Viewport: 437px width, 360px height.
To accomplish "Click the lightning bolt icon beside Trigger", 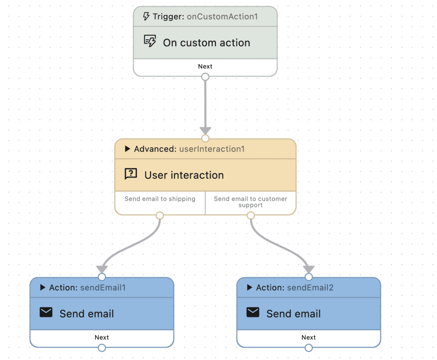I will click(146, 17).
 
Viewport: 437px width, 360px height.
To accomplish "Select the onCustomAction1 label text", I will click(222, 17).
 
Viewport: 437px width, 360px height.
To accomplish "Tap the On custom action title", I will click(207, 43).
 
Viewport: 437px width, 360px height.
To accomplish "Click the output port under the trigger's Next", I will click(205, 77).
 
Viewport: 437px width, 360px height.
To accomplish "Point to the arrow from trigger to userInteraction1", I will click(205, 107).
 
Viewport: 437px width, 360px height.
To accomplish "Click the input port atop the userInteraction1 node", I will click(205, 138).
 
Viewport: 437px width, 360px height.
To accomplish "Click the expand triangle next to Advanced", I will click(127, 149).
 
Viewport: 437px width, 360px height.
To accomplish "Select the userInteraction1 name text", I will click(212, 149).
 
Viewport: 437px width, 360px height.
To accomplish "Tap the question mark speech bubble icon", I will click(131, 174).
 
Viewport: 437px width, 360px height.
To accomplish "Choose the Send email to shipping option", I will click(160, 199).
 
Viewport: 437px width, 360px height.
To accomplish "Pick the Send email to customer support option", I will click(251, 202).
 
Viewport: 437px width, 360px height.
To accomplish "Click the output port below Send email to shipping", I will click(160, 215).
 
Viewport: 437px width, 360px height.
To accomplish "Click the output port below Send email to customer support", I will click(251, 215).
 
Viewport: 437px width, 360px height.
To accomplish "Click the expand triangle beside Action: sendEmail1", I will click(43, 288).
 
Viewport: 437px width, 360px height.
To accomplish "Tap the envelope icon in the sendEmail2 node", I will click(253, 313).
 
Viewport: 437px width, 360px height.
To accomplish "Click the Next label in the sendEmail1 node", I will click(102, 337).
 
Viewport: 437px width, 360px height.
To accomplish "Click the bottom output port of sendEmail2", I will click(309, 348).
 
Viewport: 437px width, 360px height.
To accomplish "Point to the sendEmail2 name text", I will click(310, 288).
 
